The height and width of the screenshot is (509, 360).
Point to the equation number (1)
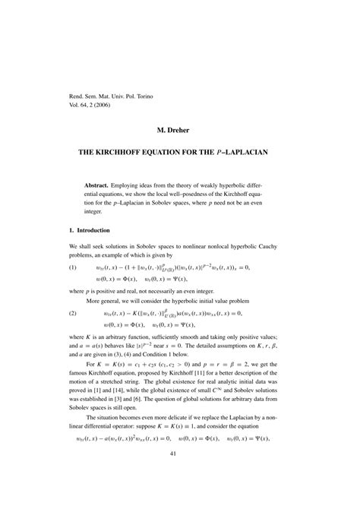(73, 268)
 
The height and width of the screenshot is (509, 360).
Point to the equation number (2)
(73, 313)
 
